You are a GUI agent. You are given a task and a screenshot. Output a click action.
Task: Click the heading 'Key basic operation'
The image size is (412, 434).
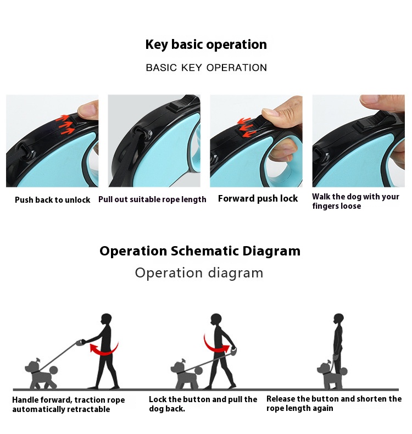[206, 44]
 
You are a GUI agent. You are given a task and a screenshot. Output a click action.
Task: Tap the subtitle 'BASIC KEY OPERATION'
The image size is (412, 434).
[207, 68]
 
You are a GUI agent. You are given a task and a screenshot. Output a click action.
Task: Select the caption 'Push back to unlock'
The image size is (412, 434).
[53, 200]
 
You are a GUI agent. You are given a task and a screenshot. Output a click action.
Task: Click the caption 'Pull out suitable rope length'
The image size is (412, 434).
[152, 199]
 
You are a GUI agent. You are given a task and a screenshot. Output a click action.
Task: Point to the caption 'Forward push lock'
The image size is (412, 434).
[258, 198]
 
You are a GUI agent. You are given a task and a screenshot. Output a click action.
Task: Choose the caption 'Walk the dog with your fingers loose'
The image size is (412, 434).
[355, 201]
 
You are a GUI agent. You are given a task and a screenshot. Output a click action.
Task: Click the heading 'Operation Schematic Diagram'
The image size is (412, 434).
[200, 251]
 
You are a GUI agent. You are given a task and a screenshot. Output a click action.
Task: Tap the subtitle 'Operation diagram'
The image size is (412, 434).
[199, 273]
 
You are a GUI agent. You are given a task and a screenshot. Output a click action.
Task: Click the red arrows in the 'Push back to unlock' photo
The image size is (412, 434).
[65, 124]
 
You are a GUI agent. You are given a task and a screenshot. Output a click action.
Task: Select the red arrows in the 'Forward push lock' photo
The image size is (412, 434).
[246, 127]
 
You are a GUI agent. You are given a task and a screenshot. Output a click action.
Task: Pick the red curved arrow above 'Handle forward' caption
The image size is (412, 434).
[104, 349]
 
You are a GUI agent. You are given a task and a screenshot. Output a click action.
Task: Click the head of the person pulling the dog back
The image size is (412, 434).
[216, 320]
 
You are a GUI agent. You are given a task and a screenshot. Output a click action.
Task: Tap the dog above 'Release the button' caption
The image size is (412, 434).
[331, 374]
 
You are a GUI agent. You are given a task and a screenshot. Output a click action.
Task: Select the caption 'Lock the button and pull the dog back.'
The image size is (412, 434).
[203, 404]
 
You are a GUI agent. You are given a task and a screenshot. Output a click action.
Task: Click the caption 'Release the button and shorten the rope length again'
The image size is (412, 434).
[334, 403]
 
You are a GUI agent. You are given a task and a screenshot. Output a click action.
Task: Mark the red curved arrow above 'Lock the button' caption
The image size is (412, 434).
[215, 346]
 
